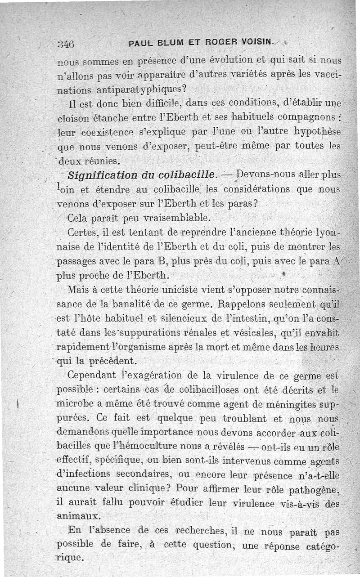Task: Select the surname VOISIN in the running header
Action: tap(253, 43)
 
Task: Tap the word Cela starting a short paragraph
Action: tap(79, 219)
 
